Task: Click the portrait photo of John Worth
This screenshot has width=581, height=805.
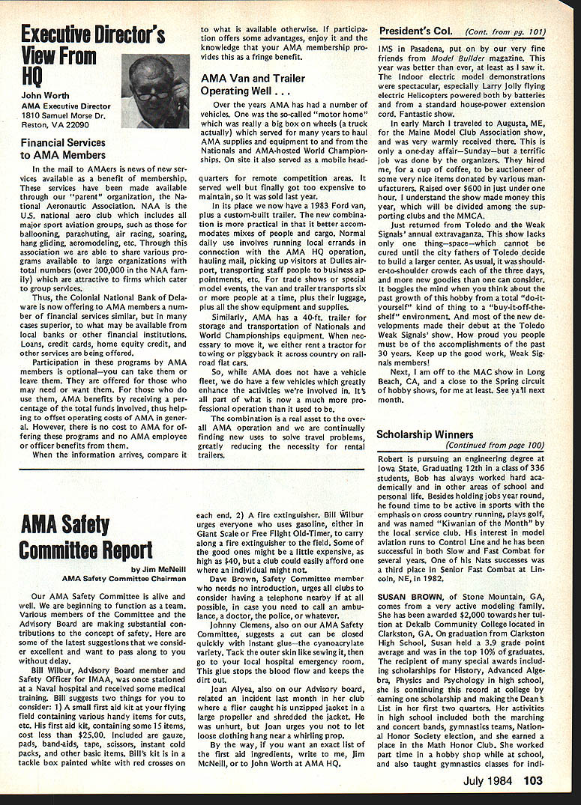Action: tap(154, 90)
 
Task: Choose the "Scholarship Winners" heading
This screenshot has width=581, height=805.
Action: tap(424, 434)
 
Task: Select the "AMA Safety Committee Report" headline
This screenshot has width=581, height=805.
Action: tap(86, 535)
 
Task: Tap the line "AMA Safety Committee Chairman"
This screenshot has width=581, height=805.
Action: tap(124, 578)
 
